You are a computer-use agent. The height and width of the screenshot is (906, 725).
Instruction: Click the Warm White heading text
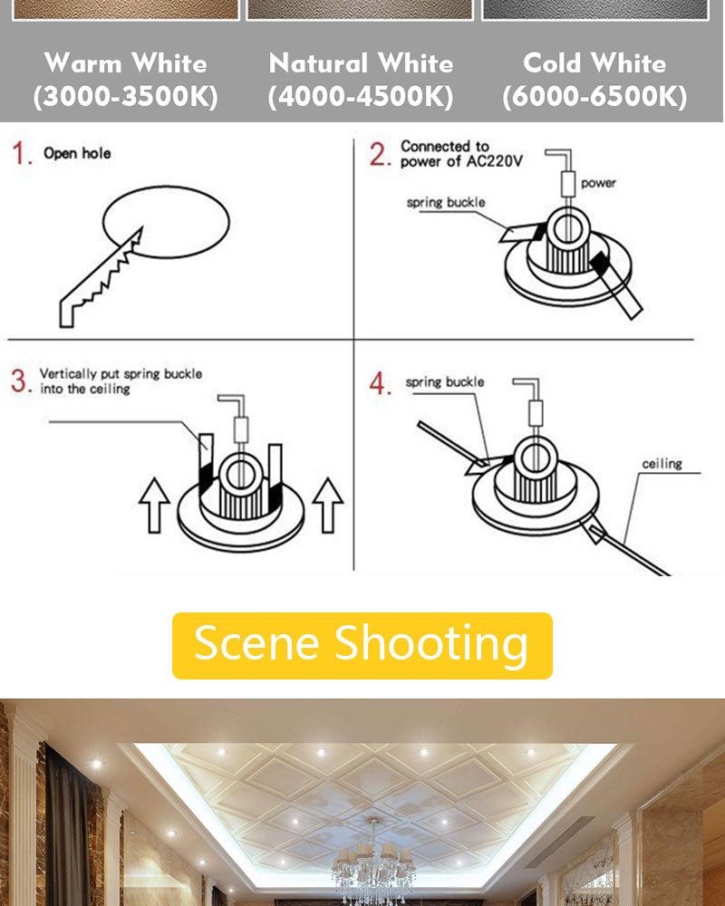[125, 63]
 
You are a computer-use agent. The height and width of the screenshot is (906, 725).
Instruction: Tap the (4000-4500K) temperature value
[361, 96]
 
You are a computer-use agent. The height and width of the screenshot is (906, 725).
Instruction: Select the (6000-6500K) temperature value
[594, 96]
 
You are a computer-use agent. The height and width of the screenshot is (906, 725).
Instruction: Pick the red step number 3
[20, 381]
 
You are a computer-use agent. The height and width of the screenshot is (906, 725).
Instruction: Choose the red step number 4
[380, 383]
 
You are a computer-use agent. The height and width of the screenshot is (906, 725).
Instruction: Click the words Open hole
[77, 154]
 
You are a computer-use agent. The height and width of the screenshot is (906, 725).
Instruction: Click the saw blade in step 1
[100, 276]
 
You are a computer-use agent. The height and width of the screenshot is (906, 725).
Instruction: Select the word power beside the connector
[598, 183]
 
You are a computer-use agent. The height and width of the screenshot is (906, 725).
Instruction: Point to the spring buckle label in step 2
[445, 202]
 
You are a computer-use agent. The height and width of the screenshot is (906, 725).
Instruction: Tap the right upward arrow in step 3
[327, 504]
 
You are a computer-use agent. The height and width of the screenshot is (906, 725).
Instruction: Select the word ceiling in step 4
[662, 464]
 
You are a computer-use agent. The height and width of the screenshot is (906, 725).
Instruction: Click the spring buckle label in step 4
[444, 382]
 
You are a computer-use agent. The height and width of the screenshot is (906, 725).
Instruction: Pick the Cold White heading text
[594, 63]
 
